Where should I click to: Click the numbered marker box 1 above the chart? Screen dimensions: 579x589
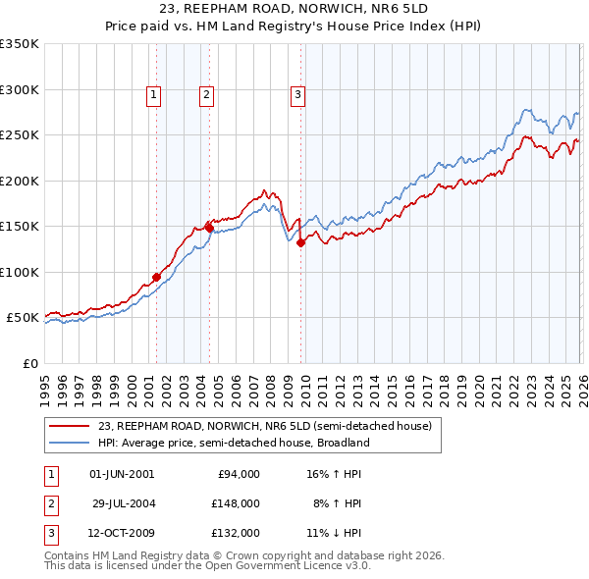coord(155,95)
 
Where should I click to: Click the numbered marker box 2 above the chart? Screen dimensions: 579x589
coord(206,95)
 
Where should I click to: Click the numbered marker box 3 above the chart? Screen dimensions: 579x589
coord(296,95)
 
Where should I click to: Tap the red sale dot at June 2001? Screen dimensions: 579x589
coord(156,277)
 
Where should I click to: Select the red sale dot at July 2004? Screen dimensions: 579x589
coord(210,228)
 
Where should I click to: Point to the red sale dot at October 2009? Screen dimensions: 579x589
coord(300,242)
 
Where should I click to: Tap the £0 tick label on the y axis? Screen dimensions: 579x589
coord(28,363)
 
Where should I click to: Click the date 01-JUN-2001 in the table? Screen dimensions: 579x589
coord(122,474)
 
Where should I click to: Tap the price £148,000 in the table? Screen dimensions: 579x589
coord(236,503)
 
